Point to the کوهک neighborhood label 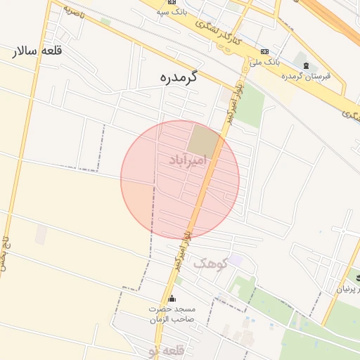click(209, 263)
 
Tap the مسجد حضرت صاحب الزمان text click(172, 314)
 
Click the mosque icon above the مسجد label click(172, 299)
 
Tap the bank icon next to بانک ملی click(264, 51)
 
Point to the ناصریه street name click(73, 12)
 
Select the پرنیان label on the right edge click(350, 289)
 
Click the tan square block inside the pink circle click(203, 141)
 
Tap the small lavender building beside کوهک click(236, 260)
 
